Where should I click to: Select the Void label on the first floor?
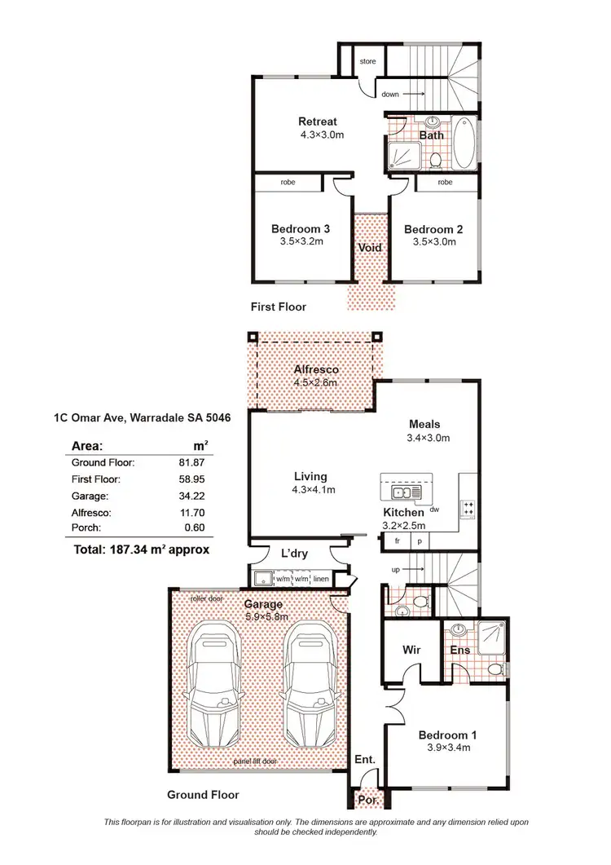click(370, 248)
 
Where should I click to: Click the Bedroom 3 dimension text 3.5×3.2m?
click(297, 242)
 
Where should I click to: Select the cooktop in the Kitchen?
click(468, 508)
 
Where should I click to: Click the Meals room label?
click(424, 424)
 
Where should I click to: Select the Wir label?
click(411, 650)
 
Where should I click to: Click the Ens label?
click(459, 650)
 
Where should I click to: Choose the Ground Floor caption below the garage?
click(203, 794)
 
